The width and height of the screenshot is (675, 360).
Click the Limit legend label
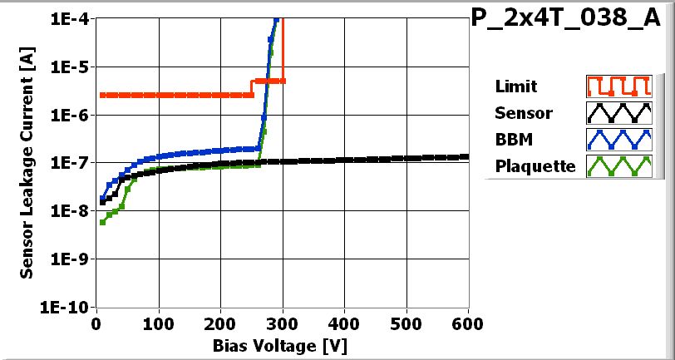515,86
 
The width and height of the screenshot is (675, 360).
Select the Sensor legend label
523,113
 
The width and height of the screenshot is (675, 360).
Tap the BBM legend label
513,140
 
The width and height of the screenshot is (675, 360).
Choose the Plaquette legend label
535,166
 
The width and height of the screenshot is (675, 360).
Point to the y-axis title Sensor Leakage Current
27,162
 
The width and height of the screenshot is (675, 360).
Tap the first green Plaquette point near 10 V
102,222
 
